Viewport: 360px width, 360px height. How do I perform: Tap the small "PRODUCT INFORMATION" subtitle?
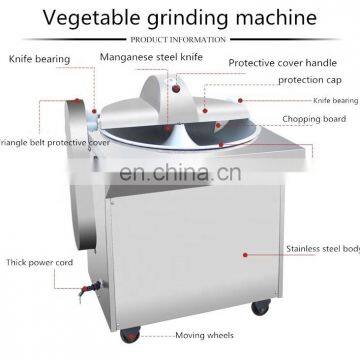180,39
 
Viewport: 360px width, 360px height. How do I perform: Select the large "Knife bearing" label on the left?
39,59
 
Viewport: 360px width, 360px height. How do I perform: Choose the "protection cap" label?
311,79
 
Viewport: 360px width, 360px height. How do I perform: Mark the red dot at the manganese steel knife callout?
172,87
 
